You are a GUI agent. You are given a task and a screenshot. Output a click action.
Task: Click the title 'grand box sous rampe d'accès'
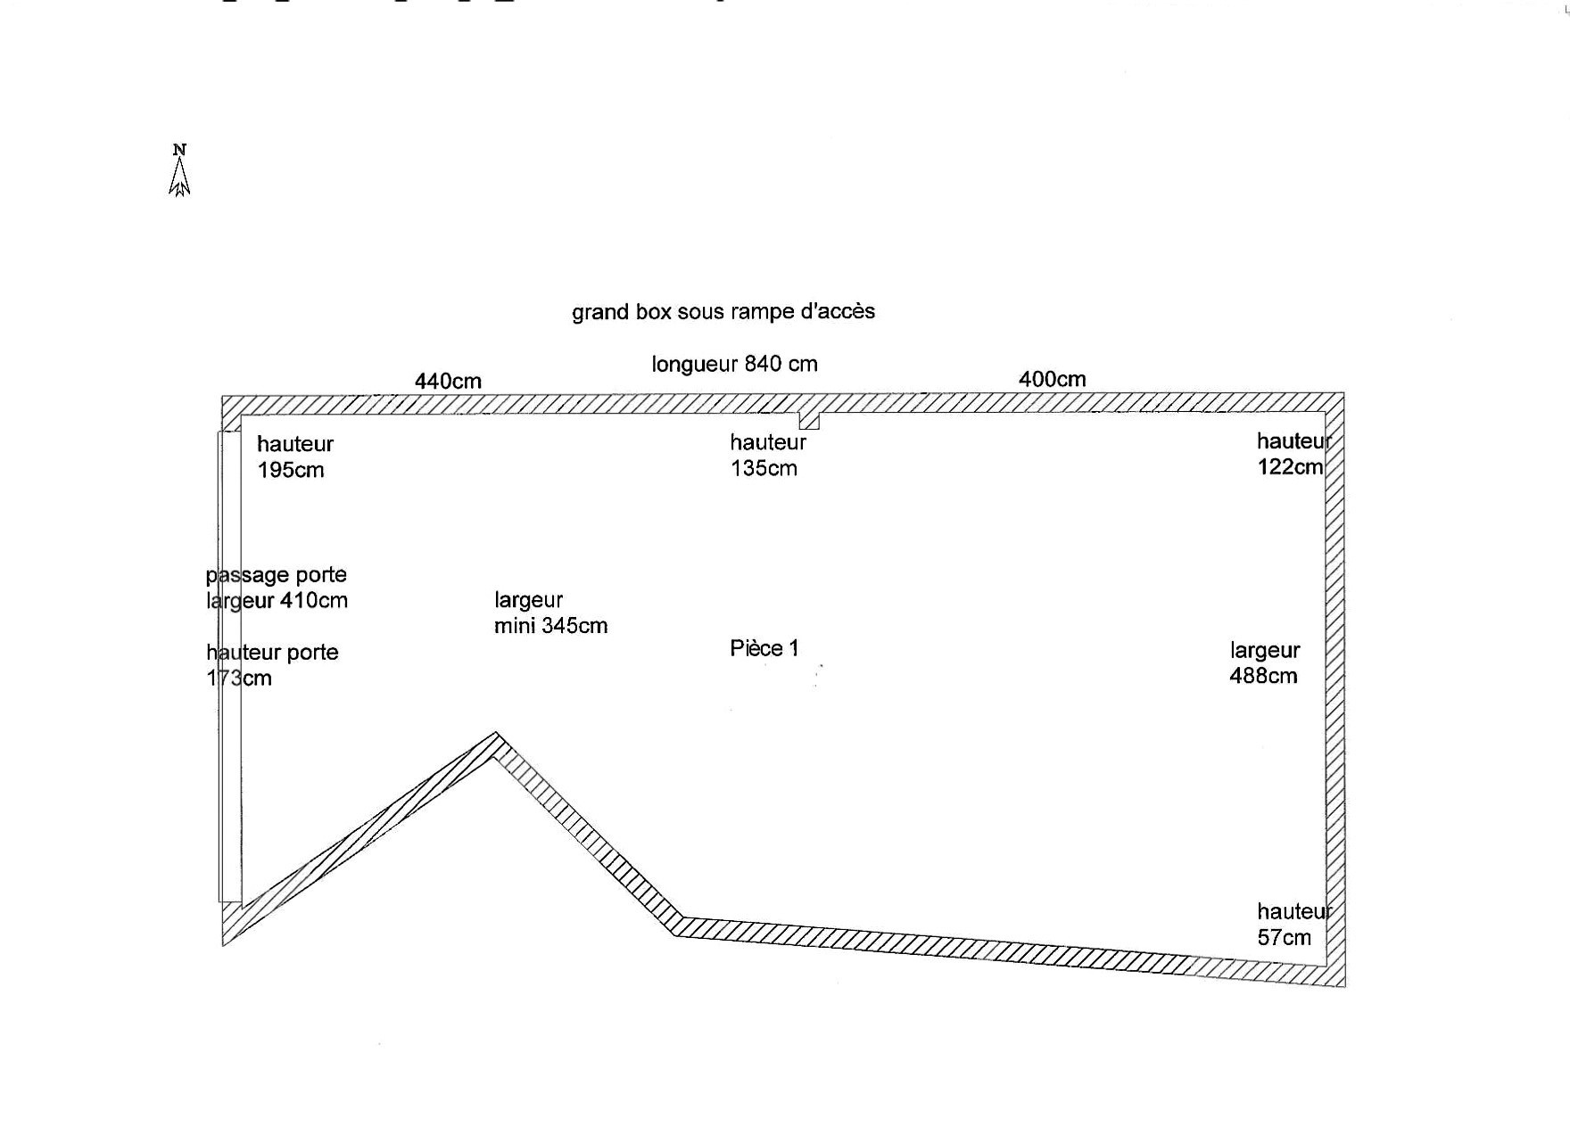coord(723,312)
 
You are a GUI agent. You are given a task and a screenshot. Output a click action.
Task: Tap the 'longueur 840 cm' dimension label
coord(734,364)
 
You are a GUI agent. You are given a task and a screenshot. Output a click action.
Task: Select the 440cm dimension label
coord(448,382)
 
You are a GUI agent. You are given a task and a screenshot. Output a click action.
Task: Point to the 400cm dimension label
coord(1052,379)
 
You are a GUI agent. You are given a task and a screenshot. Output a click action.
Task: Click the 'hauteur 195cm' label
coord(294,457)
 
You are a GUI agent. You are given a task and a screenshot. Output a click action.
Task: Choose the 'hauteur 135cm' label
coord(767,455)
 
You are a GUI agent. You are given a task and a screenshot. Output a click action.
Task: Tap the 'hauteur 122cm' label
coord(1292,454)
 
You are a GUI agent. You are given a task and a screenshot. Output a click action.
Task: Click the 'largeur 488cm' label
coord(1264,662)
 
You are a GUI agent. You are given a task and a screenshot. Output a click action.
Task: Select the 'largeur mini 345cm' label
coord(550,613)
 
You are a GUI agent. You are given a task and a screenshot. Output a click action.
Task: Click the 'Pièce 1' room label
coord(764,648)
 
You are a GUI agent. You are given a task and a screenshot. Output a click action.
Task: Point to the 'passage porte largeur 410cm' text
coord(277,588)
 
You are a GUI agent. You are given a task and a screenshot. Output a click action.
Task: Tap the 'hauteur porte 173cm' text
coord(272,665)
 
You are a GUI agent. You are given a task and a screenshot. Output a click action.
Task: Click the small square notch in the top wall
coord(808,420)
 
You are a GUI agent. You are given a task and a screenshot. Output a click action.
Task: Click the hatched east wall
coord(1334,687)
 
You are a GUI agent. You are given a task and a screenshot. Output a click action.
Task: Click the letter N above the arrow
coord(179,149)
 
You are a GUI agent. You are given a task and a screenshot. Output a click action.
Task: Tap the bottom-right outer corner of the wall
coord(1343,985)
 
